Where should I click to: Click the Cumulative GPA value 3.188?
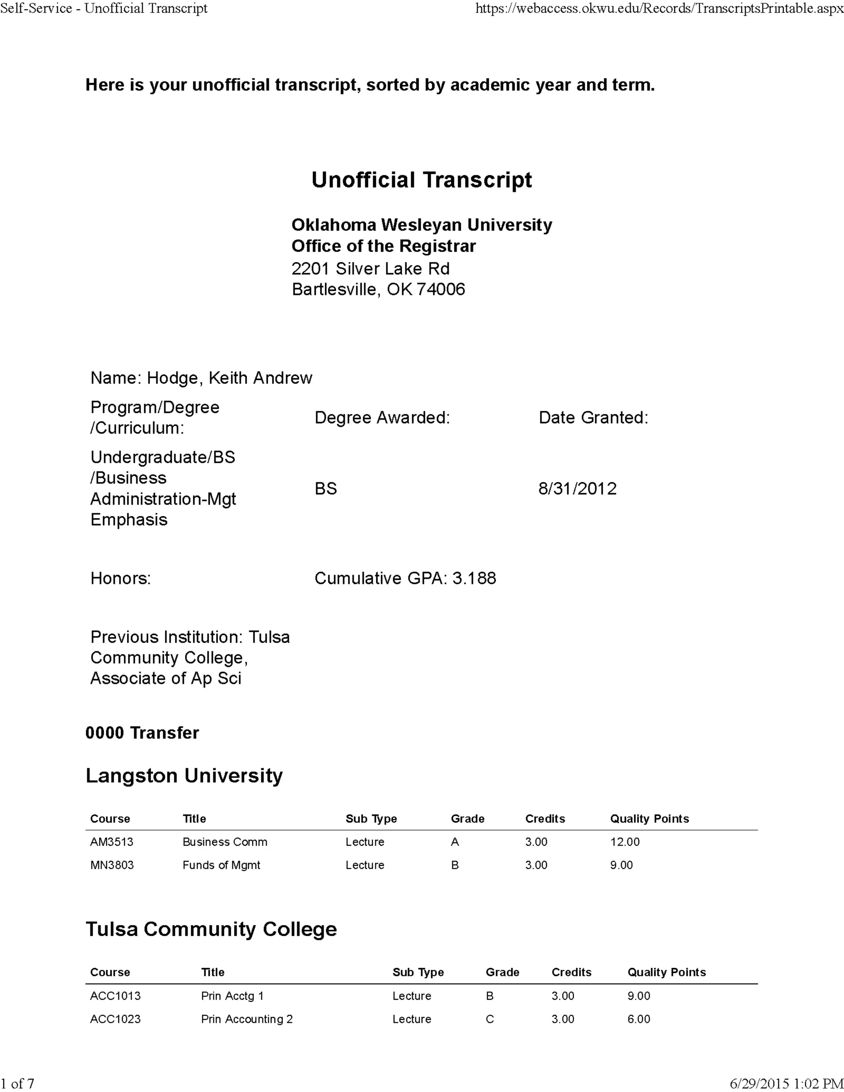tap(474, 578)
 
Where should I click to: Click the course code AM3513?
tap(112, 841)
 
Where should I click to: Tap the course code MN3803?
tap(112, 865)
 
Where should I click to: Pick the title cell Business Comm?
tap(225, 841)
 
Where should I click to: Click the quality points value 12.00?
tap(624, 841)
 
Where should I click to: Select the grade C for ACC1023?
tap(490, 1019)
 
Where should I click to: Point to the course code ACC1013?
tap(115, 996)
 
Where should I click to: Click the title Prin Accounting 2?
tap(246, 1019)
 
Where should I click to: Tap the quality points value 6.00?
tap(638, 1019)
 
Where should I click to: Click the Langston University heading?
tap(184, 776)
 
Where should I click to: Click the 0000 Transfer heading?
tap(142, 733)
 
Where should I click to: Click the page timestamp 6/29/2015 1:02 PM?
tap(786, 1083)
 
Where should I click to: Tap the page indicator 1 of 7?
tap(17, 1083)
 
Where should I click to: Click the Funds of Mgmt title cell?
tap(221, 865)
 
